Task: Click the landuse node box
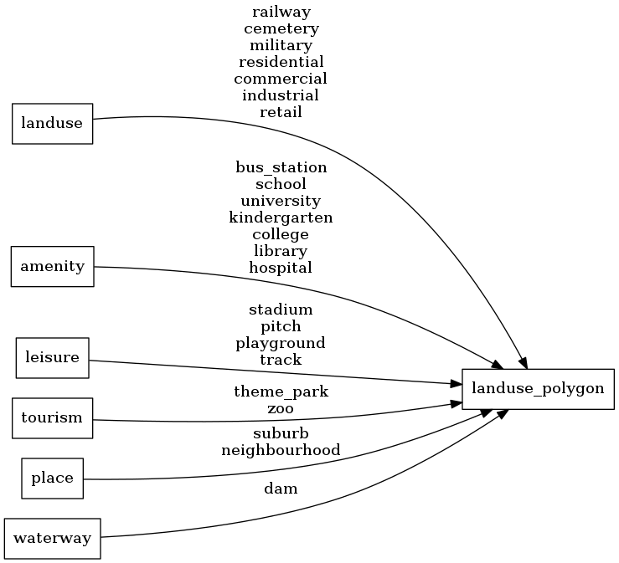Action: coord(52,124)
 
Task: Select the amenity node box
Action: coord(52,267)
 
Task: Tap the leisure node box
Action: coord(52,358)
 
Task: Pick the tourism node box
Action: coord(52,417)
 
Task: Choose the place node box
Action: coord(52,479)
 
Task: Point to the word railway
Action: coord(281,12)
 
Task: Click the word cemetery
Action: coord(281,28)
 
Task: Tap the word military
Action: coord(281,45)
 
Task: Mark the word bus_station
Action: coord(281,167)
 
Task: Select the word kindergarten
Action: coord(281,218)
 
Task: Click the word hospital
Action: coord(281,268)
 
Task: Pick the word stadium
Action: coord(281,310)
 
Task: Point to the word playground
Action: coord(281,343)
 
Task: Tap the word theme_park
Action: coord(281,392)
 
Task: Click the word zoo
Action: coord(281,408)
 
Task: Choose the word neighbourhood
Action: coord(281,450)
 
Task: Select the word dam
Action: coord(281,489)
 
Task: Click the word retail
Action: coord(281,112)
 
